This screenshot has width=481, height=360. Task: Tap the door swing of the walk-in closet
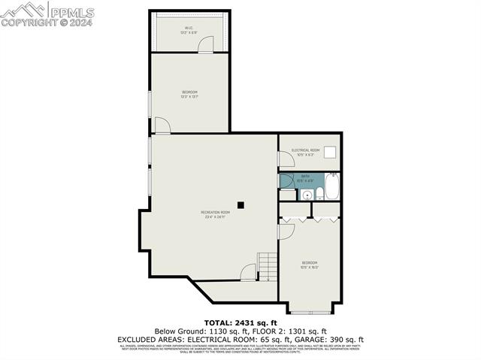204,46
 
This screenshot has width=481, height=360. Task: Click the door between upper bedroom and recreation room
162,126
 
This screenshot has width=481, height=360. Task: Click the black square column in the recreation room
240,204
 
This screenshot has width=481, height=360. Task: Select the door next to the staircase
249,273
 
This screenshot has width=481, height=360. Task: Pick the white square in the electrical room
329,151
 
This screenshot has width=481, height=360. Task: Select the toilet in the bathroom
319,194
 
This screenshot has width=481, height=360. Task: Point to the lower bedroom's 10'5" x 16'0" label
309,265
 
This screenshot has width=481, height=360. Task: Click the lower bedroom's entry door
286,231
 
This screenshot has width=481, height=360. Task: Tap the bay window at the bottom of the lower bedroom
309,311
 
